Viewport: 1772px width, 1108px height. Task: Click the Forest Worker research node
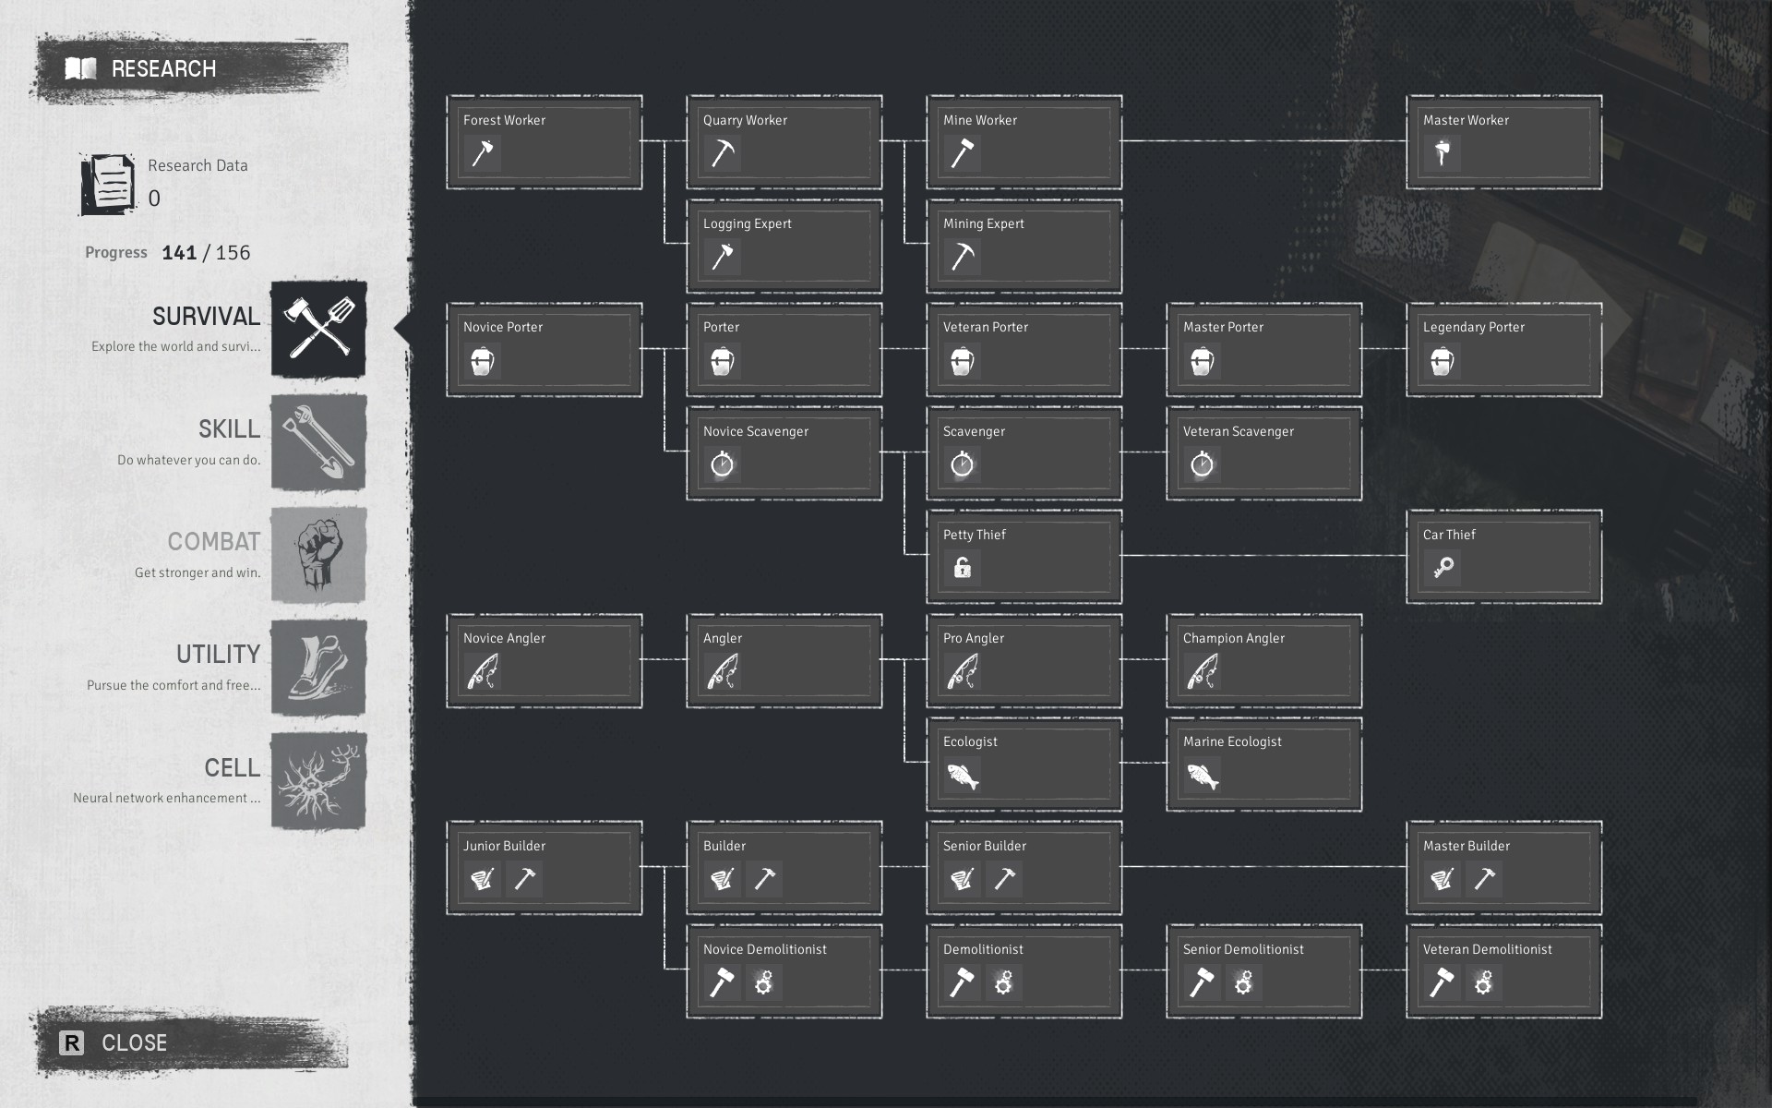tap(544, 142)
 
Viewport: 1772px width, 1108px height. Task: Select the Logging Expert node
tap(784, 246)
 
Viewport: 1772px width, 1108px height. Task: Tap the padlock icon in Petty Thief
tap(962, 568)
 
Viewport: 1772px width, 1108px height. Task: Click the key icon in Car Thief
tap(1443, 568)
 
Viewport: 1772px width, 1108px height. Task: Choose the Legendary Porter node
tap(1503, 350)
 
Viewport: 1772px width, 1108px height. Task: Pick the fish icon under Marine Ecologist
tap(1202, 776)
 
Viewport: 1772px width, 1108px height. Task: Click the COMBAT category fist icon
tap(318, 555)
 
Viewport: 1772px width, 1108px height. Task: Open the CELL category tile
tap(318, 781)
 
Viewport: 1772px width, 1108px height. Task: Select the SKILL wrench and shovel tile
tap(318, 442)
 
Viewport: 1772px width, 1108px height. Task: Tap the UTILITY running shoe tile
tap(318, 668)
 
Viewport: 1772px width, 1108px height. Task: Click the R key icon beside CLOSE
tap(71, 1042)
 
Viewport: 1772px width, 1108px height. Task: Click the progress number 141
tap(179, 253)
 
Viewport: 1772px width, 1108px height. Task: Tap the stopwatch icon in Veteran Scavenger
tap(1202, 464)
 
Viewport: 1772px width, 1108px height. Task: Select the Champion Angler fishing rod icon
tap(1202, 672)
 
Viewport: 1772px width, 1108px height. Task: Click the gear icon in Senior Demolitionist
tap(1243, 982)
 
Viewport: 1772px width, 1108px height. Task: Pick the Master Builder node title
tap(1466, 846)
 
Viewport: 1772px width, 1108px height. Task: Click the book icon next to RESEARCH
tap(81, 68)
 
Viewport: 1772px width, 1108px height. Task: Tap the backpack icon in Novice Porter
tap(482, 361)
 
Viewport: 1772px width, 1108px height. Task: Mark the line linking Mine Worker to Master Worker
tap(1264, 141)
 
